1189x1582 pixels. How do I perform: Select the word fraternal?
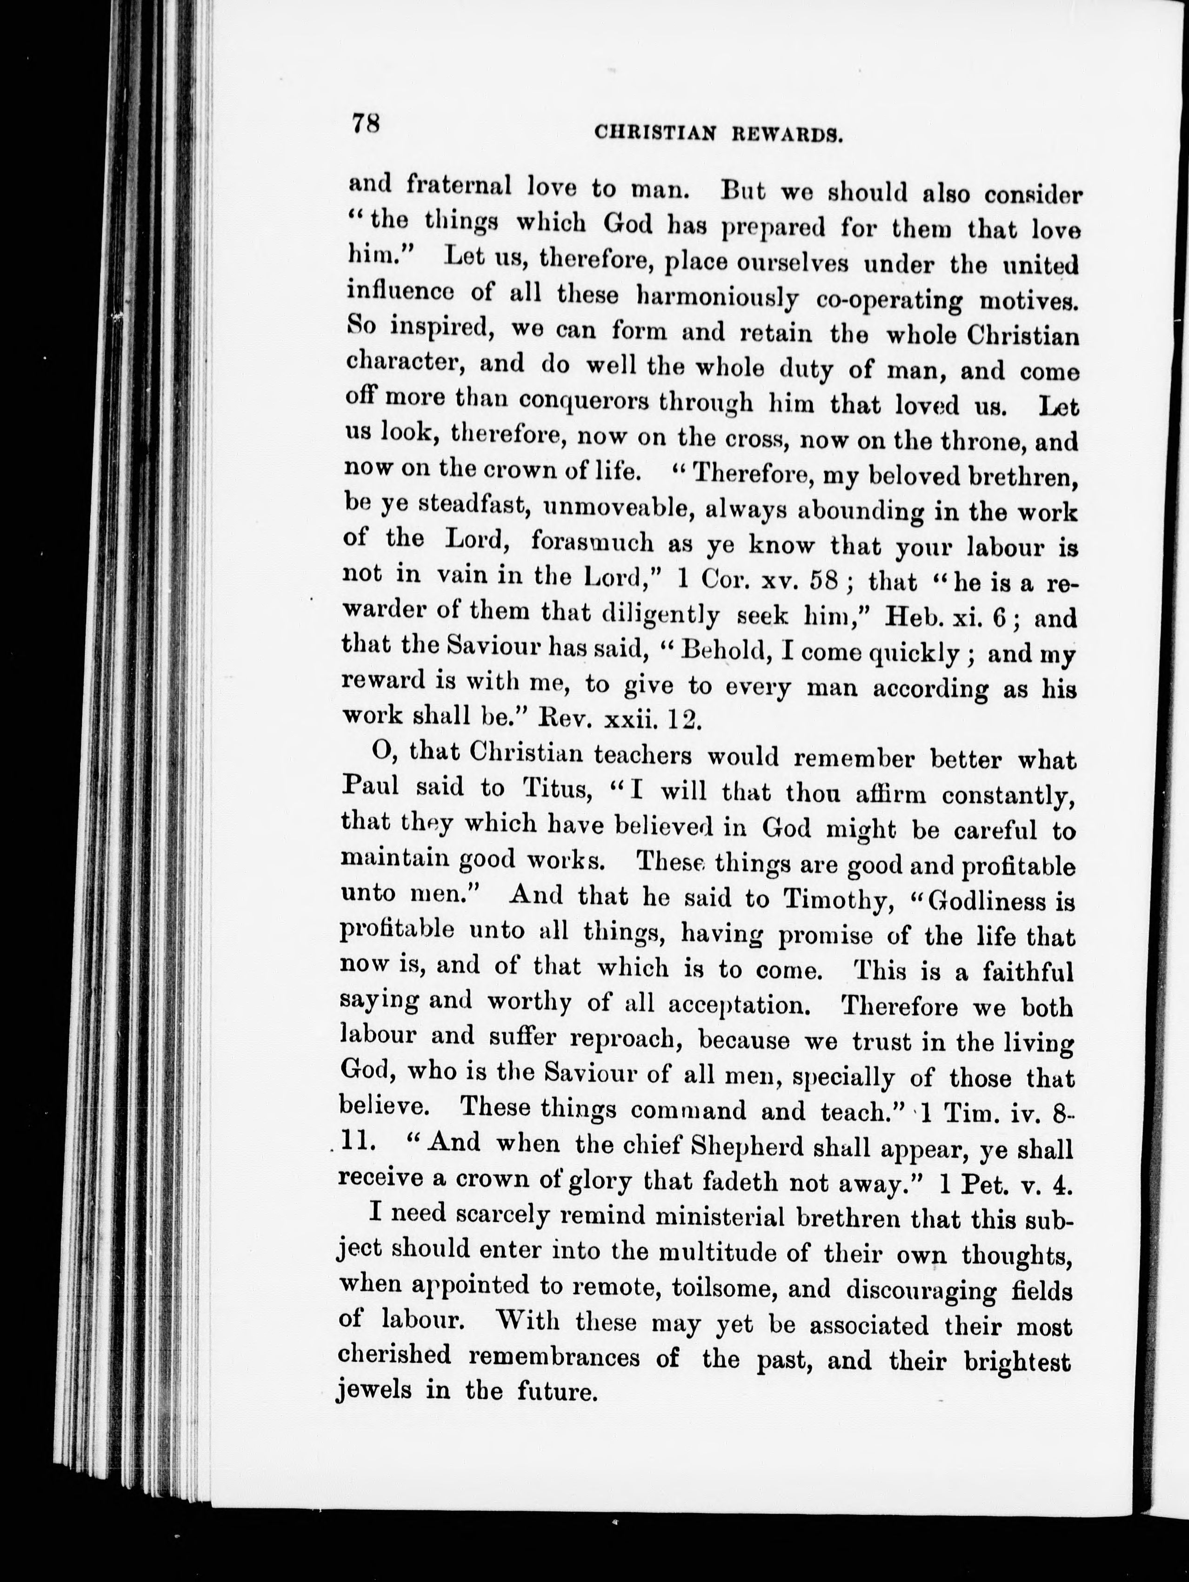[x=458, y=186]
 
